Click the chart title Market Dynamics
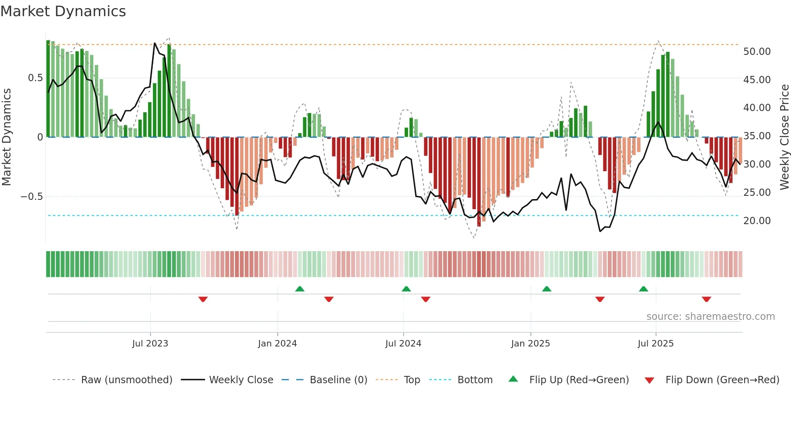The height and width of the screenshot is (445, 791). pos(63,11)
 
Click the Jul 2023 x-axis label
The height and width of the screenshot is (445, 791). pos(150,344)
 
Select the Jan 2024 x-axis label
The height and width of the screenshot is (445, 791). pos(277,344)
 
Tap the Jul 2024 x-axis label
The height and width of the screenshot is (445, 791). pos(403,344)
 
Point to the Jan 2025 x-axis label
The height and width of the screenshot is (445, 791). pos(530,344)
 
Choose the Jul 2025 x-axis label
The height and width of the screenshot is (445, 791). pos(655,344)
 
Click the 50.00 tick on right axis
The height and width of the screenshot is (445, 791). pos(757,52)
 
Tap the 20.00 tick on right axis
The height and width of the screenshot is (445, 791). pos(757,221)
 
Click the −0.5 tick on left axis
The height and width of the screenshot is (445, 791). pos(31,197)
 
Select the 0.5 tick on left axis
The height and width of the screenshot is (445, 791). pos(35,78)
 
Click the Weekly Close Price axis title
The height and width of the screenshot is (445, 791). pos(784,137)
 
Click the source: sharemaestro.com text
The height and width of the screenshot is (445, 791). pos(710,317)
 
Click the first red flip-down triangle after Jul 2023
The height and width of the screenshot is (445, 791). pos(203,299)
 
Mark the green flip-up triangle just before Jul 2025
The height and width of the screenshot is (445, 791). pos(643,289)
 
